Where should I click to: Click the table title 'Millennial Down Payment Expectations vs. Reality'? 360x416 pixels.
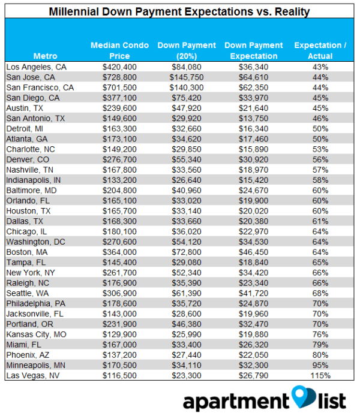180,11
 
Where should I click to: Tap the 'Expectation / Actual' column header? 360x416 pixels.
320,50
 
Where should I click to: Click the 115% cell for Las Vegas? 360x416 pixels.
320,375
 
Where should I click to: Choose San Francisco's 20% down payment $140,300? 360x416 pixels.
187,88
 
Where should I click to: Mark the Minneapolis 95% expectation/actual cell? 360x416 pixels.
320,364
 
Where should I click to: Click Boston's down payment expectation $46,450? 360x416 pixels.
253,252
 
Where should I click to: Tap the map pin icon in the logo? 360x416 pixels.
299,396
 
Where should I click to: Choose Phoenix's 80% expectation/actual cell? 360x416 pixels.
320,354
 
